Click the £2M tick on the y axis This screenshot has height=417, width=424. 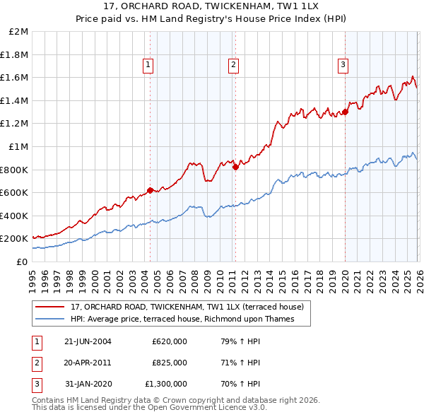tap(19, 32)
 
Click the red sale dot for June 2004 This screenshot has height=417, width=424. tap(150, 190)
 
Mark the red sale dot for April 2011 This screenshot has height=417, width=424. tap(235, 167)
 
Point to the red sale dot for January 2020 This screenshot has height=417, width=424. tap(346, 112)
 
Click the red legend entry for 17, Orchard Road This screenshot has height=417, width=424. tap(187, 307)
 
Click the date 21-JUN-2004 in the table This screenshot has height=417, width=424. tap(88, 341)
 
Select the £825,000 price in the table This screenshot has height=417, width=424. tap(170, 363)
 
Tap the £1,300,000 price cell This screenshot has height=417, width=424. tap(167, 384)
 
